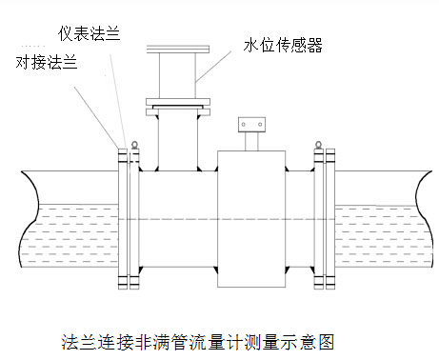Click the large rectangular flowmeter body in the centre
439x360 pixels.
pyautogui.click(x=251, y=215)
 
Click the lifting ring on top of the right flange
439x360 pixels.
pyautogui.click(x=317, y=145)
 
